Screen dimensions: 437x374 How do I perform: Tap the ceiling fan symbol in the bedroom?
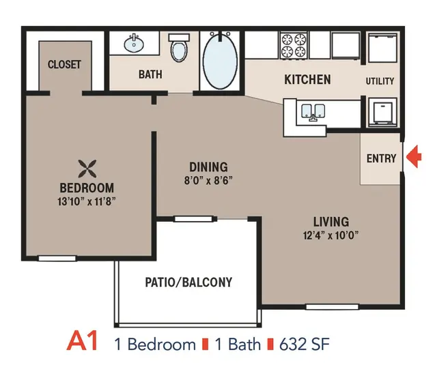pos(87,169)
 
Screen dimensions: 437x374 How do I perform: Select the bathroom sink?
pos(134,43)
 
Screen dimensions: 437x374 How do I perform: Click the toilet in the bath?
pos(179,48)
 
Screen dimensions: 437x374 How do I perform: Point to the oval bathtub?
pos(220,61)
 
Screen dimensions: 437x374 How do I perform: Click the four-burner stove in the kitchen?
pos(294,46)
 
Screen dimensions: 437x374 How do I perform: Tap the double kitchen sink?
pos(313,113)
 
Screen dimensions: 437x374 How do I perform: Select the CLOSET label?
pos(64,64)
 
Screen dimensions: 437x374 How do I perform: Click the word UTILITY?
pos(380,81)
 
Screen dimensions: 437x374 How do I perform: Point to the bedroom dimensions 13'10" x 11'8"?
pos(87,201)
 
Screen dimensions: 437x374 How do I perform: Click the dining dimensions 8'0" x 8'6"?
pos(208,180)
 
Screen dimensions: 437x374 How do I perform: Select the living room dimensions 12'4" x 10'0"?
pos(330,235)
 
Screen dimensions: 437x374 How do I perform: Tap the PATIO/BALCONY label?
pos(188,282)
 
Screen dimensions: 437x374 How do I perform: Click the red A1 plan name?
pos(83,341)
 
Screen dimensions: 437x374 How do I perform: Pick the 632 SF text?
pos(305,344)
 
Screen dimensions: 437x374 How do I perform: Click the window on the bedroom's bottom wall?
pos(57,259)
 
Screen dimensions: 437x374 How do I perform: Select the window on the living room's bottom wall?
pos(332,307)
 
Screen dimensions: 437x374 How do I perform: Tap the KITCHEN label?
pos(308,79)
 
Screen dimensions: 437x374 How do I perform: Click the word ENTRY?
pos(381,158)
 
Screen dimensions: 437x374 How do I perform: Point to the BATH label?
pos(150,74)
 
